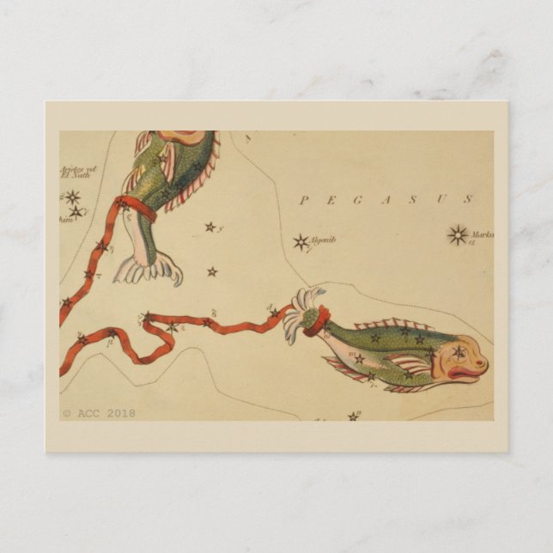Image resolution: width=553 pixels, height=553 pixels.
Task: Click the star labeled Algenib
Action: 301,242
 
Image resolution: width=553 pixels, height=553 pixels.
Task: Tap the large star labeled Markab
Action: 458,234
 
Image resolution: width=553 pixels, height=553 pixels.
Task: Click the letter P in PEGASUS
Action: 302,201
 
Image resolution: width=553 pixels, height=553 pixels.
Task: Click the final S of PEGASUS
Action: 469,199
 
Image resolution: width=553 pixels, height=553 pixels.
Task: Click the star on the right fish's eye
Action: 459,351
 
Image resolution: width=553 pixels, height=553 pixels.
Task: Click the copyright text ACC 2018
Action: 99,413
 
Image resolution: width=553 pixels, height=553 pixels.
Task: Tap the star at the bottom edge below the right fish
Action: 353,416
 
